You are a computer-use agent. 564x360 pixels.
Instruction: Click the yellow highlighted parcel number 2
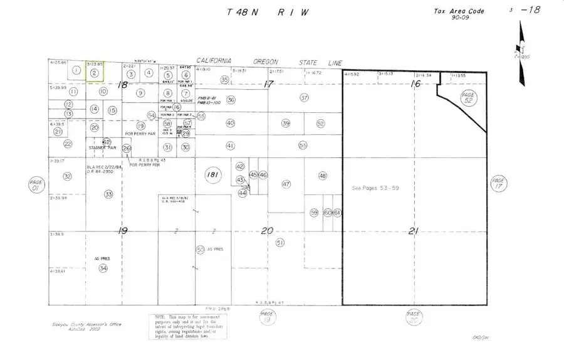click(x=94, y=73)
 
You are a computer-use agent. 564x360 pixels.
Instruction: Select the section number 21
click(x=413, y=231)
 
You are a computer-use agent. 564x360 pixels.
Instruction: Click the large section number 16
click(x=414, y=83)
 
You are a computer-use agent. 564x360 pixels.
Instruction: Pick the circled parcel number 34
click(x=103, y=268)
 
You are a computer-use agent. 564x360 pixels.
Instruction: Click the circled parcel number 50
click(x=201, y=250)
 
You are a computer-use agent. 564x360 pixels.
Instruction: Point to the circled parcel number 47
click(x=286, y=184)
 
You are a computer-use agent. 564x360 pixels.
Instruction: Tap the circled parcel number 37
click(x=305, y=98)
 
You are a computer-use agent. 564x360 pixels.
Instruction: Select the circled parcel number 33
click(x=108, y=194)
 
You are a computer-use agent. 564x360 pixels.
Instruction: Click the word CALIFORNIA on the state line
click(x=214, y=60)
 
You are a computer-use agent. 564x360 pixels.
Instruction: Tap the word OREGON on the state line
click(x=269, y=61)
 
